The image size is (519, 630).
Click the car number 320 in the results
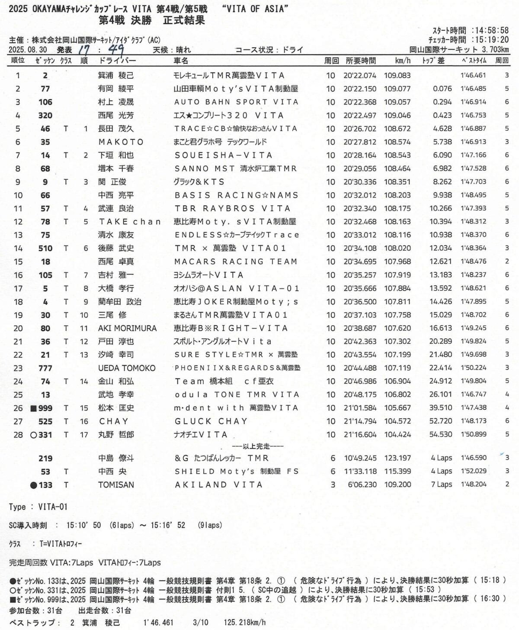pyautogui.click(x=45, y=116)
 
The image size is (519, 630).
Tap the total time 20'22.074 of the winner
pyautogui.click(x=360, y=75)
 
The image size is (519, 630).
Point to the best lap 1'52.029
pyautogui.click(x=473, y=471)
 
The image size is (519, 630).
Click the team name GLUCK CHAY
pyautogui.click(x=211, y=421)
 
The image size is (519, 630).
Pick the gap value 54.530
pyautogui.click(x=440, y=434)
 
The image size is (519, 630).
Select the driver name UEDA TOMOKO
pyautogui.click(x=127, y=368)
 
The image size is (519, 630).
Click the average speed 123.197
pyautogui.click(x=397, y=458)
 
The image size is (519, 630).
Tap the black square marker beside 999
pyautogui.click(x=33, y=408)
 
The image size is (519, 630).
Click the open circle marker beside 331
pyautogui.click(x=33, y=435)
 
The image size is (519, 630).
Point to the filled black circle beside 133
pyautogui.click(x=33, y=485)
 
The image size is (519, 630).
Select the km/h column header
pyautogui.click(x=403, y=61)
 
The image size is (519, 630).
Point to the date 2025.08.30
pyautogui.click(x=28, y=50)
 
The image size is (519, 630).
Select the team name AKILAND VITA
pyautogui.click(x=218, y=485)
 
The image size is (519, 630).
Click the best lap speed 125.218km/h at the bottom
pyautogui.click(x=245, y=623)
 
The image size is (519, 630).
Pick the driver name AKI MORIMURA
pyautogui.click(x=127, y=328)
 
